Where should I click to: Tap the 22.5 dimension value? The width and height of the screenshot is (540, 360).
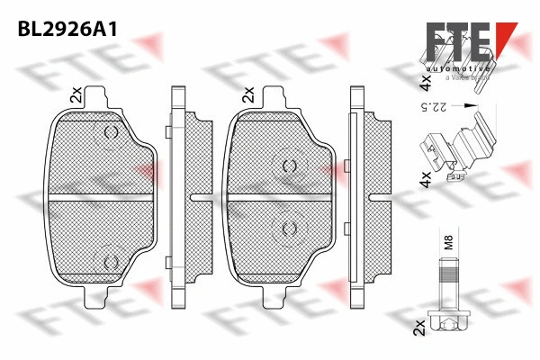click(439, 109)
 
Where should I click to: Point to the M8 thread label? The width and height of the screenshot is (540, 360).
click(447, 241)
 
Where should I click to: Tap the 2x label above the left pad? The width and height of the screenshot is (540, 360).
click(76, 94)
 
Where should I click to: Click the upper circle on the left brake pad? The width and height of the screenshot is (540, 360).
click(112, 134)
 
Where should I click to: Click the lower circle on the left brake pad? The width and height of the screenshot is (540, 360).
click(112, 261)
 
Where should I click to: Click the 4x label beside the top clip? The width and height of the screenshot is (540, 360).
click(425, 84)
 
